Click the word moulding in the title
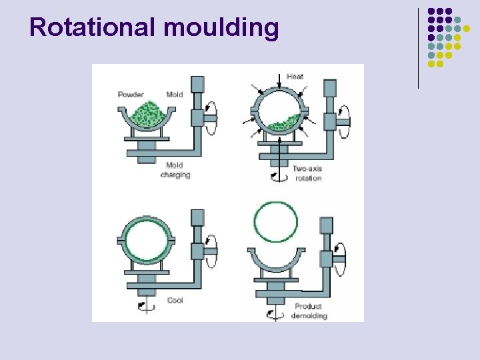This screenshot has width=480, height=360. [221, 28]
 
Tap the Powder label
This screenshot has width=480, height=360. [131, 95]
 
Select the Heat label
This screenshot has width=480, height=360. [295, 76]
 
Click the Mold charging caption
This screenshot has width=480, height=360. [175, 170]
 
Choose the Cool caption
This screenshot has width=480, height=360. [175, 301]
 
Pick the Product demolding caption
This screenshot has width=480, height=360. [309, 311]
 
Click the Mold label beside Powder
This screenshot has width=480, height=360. [175, 95]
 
